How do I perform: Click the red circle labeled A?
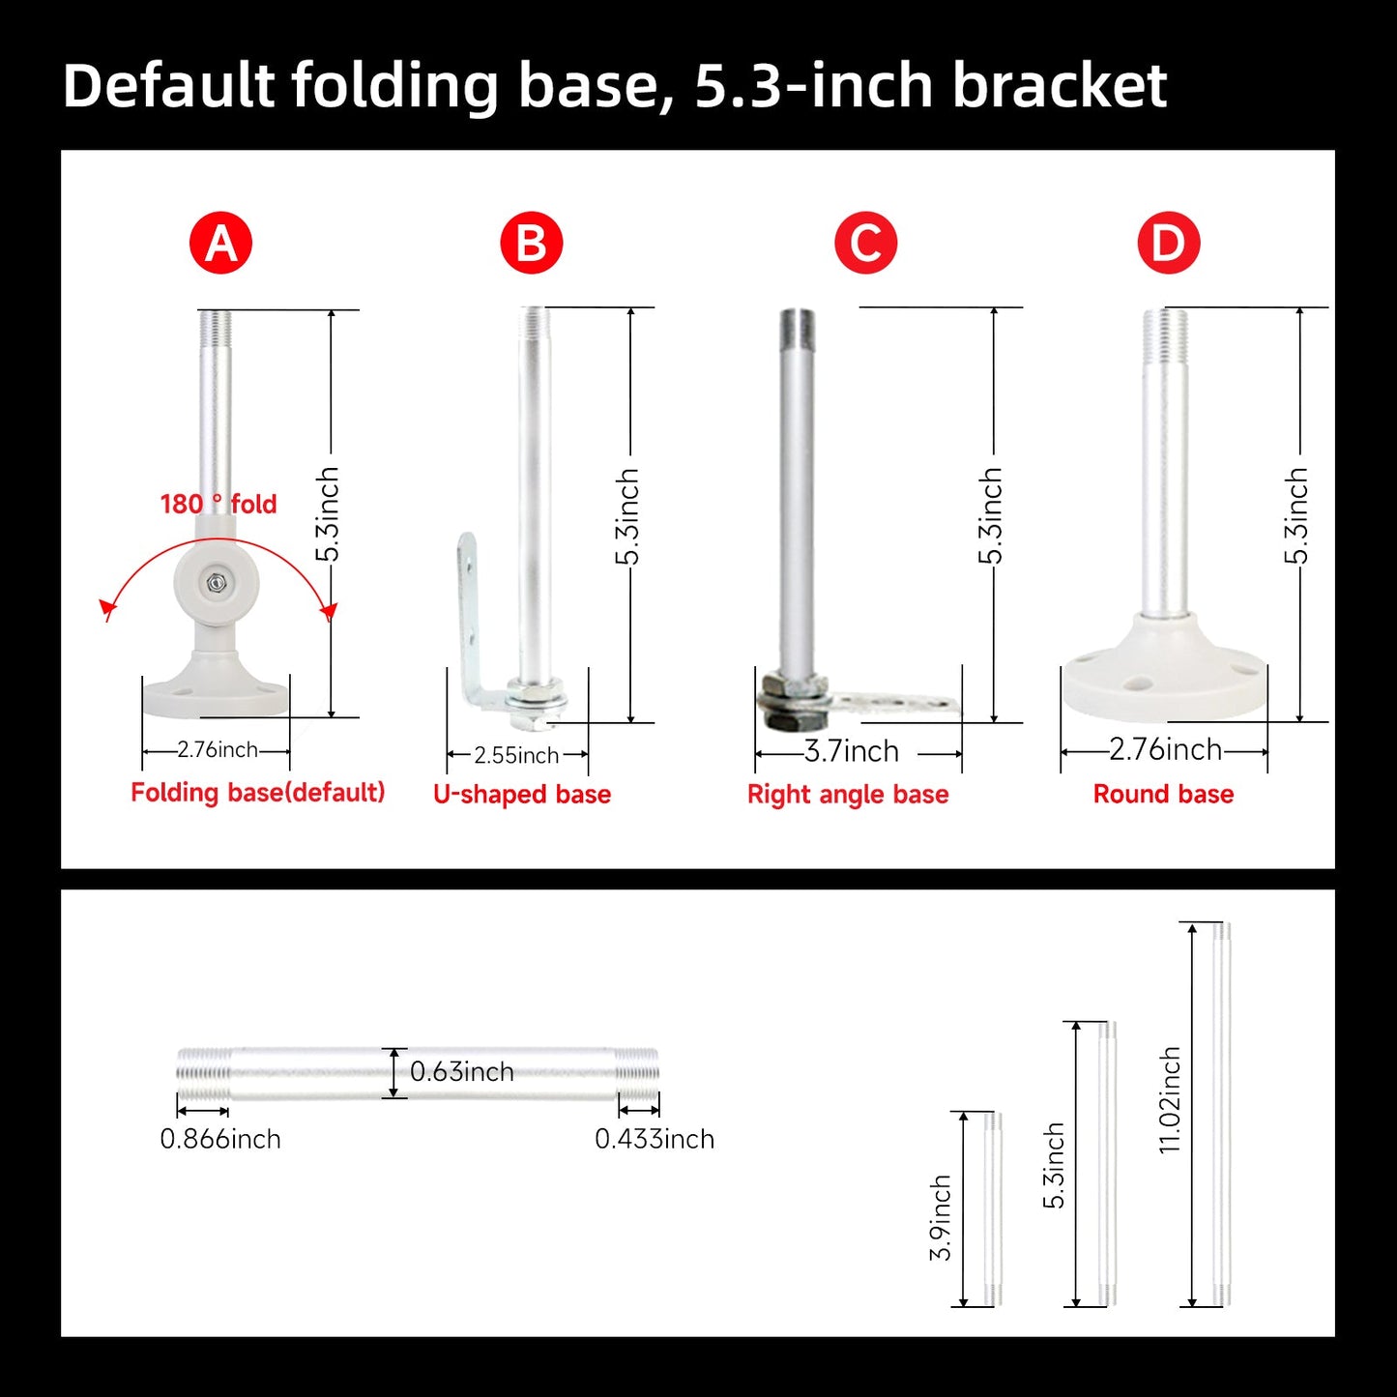(220, 243)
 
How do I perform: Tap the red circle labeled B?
(532, 243)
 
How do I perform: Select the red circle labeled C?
(865, 243)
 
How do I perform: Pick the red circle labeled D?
(1169, 243)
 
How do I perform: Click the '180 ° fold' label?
(218, 504)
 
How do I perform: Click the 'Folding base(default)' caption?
(257, 793)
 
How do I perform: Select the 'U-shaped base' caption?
(522, 794)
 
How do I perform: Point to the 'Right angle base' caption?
(848, 794)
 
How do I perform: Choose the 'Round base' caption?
(1164, 794)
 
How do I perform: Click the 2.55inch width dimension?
(517, 755)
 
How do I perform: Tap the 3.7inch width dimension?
(852, 751)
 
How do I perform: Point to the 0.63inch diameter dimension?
(462, 1071)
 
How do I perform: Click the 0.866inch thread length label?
(220, 1139)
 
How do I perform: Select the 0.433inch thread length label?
(655, 1139)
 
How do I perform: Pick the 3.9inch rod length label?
(941, 1218)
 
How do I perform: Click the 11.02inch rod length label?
(1170, 1100)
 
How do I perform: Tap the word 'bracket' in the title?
(1060, 85)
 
